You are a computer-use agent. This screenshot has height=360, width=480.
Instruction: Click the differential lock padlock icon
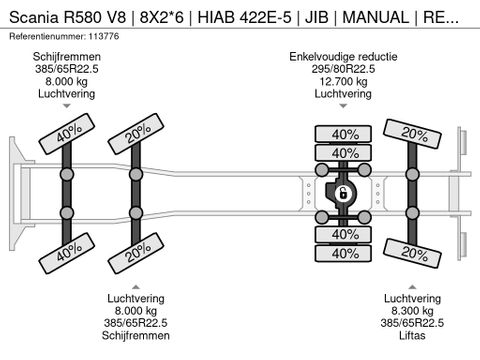click(x=341, y=193)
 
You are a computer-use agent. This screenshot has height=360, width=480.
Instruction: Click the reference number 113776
click(x=103, y=36)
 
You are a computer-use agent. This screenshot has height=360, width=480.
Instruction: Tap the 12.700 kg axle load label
click(x=343, y=81)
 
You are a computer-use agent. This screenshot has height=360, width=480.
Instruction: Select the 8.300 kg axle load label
click(x=412, y=311)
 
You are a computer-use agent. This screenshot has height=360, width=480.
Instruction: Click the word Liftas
click(x=412, y=335)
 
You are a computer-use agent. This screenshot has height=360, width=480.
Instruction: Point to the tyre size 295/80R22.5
click(x=343, y=69)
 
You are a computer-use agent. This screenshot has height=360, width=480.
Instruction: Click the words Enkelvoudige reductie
click(x=343, y=57)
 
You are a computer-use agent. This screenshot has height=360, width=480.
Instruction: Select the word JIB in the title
click(x=317, y=17)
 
